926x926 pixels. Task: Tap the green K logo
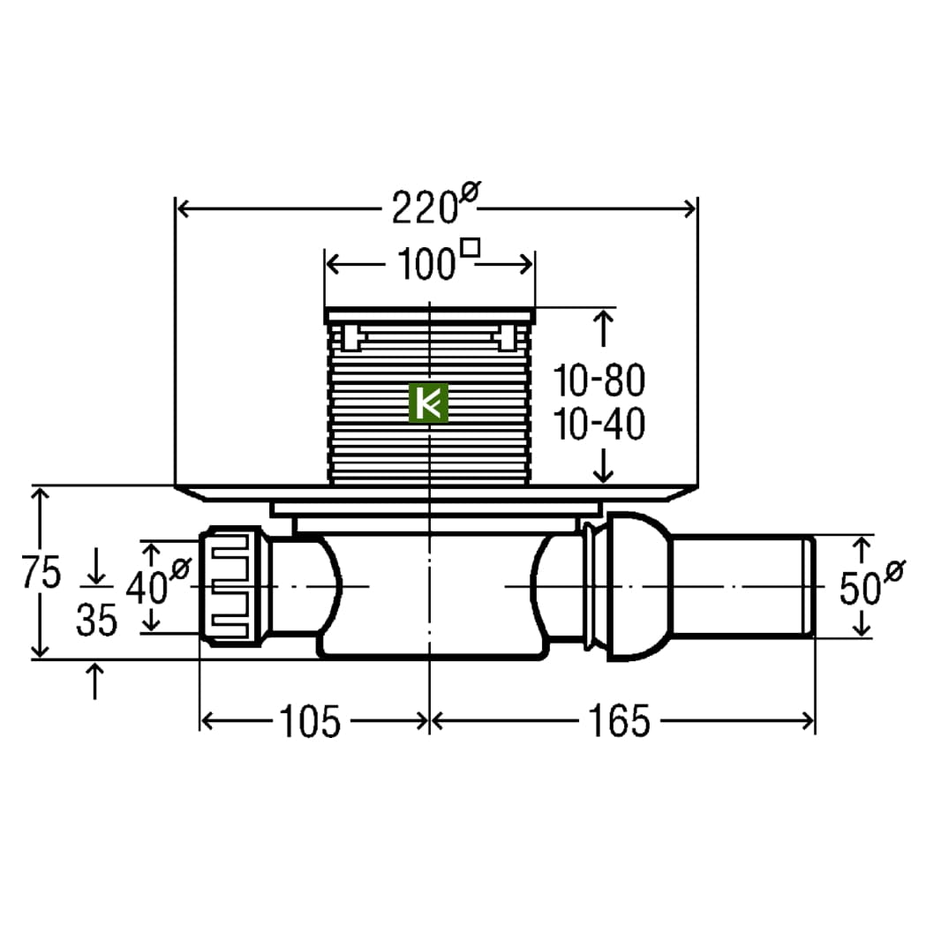pyautogui.click(x=428, y=403)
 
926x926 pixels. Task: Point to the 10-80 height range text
pyautogui.click(x=599, y=380)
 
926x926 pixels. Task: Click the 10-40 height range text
pyautogui.click(x=599, y=424)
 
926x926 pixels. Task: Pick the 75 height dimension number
pyautogui.click(x=41, y=572)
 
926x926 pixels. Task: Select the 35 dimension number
pyautogui.click(x=97, y=620)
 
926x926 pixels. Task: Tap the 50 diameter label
pyautogui.click(x=871, y=583)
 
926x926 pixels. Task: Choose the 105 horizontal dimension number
pyautogui.click(x=310, y=721)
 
